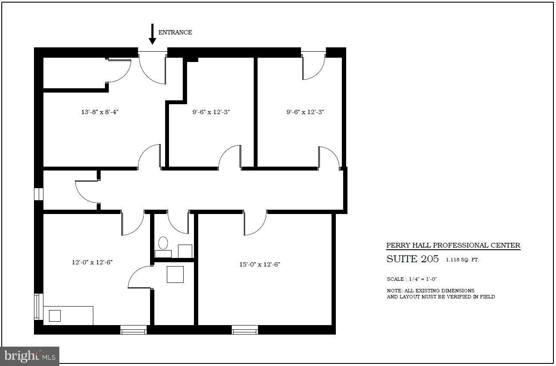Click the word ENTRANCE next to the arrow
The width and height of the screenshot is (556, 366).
pos(175,32)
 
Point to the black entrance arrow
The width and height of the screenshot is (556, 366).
pos(152,34)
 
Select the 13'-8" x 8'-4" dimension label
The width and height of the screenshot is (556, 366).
pos(100,112)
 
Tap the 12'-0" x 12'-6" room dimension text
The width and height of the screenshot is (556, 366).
pos(92,262)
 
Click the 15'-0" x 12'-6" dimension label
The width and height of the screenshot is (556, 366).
pos(260,264)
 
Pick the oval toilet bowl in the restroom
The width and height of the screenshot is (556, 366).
pos(163,243)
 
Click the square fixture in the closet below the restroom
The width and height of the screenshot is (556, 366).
pos(175,274)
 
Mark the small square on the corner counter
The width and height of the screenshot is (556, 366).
pos(55,316)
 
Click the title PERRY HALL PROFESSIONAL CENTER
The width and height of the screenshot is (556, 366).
pos(453,245)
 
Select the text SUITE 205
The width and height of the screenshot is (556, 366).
pos(412,259)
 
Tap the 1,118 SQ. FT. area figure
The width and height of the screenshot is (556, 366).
pos(462,260)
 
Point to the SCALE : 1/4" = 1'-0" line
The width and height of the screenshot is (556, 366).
pos(412,279)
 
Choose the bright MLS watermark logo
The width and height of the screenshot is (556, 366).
pos(29,356)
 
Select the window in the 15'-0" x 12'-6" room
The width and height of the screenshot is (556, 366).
pos(245,330)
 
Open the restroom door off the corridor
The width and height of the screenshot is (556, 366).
pos(178,222)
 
